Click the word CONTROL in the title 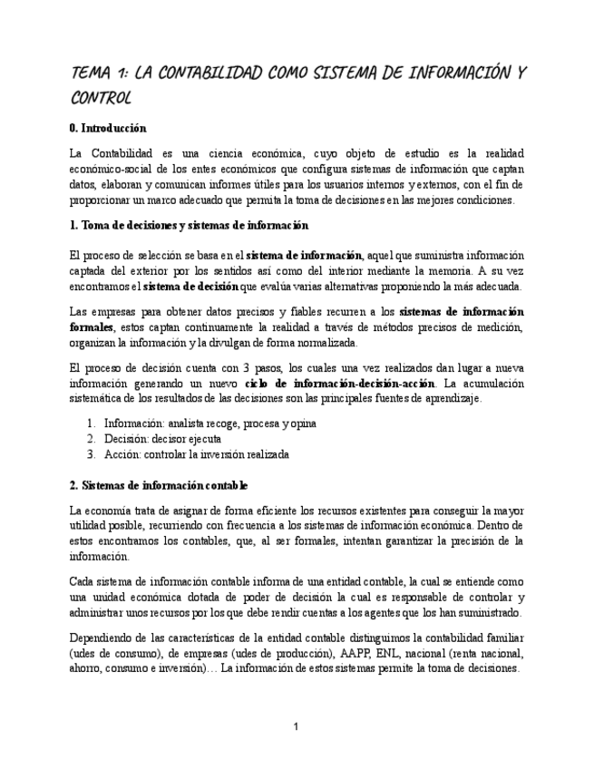(x=101, y=97)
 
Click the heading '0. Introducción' (x=108, y=129)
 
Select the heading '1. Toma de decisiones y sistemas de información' (x=189, y=225)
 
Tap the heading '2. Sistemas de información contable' (x=159, y=485)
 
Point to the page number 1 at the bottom (x=296, y=726)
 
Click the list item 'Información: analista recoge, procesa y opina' (x=209, y=423)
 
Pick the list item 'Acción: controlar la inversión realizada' (x=196, y=454)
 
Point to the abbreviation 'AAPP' (x=372, y=653)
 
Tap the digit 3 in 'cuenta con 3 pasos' (x=247, y=367)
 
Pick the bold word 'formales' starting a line (x=92, y=327)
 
